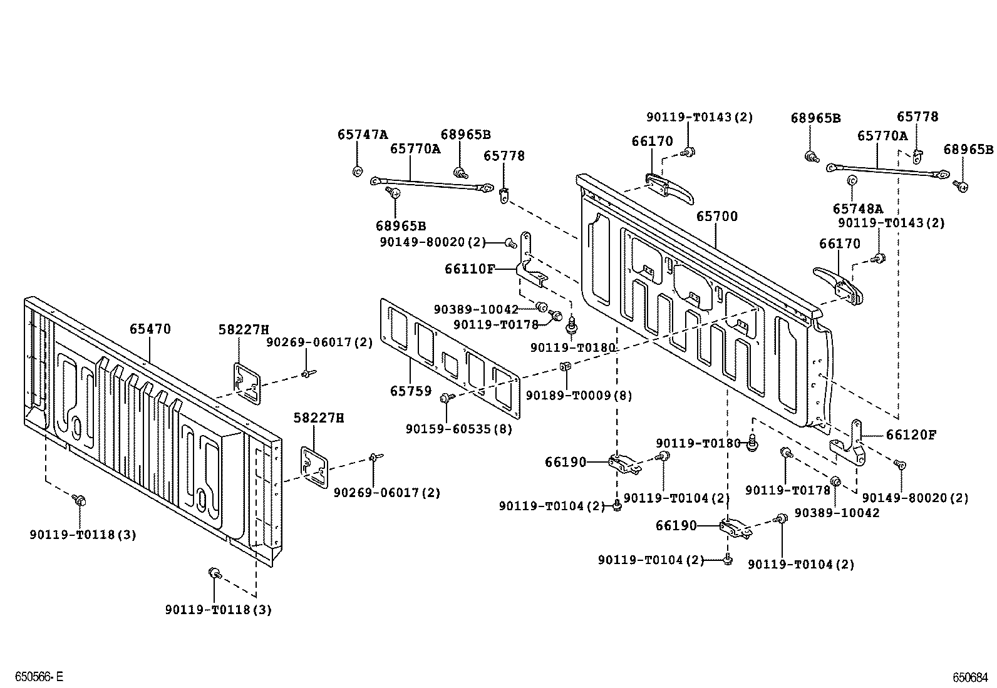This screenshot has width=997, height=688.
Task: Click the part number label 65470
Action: click(150, 329)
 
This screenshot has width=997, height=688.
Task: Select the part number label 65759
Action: click(411, 391)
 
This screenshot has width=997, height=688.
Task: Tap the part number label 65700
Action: click(717, 217)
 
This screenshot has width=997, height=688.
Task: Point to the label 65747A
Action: click(363, 134)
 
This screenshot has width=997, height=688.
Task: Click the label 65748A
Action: click(857, 209)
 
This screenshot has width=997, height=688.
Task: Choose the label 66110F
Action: click(470, 269)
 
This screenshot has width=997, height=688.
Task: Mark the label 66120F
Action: click(911, 434)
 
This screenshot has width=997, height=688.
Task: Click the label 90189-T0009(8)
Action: click(579, 396)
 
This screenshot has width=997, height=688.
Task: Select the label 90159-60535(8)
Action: click(458, 429)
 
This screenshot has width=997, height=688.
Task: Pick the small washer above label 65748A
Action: click(852, 182)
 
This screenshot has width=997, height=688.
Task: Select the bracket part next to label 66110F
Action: click(529, 263)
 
